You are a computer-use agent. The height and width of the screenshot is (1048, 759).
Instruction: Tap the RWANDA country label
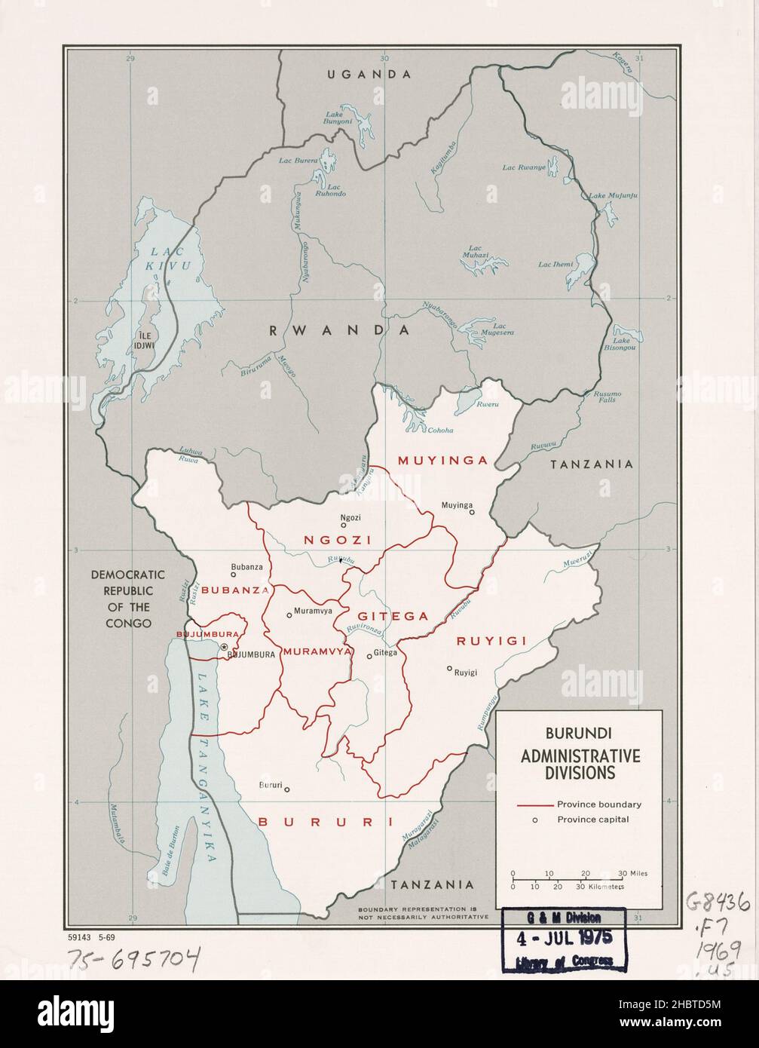pos(338,330)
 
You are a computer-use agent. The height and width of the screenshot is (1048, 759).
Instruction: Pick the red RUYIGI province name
pos(491,641)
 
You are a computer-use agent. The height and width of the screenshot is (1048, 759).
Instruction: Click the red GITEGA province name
pos(393,616)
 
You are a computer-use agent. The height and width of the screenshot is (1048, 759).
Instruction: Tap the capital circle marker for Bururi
pos(287,790)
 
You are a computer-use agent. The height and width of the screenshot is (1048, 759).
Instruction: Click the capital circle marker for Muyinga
pos(472,512)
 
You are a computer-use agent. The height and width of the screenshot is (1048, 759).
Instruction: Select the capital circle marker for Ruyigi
pos(449,668)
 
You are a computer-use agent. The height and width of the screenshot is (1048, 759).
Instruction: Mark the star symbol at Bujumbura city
pos(223,648)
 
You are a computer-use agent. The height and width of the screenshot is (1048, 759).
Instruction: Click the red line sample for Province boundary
pos(534,804)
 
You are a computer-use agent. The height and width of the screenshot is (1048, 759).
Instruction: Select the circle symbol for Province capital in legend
pos(534,820)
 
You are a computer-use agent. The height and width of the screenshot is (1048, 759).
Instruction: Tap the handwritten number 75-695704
pos(134,958)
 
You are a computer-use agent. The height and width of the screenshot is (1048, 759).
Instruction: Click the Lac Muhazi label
pos(475,252)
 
